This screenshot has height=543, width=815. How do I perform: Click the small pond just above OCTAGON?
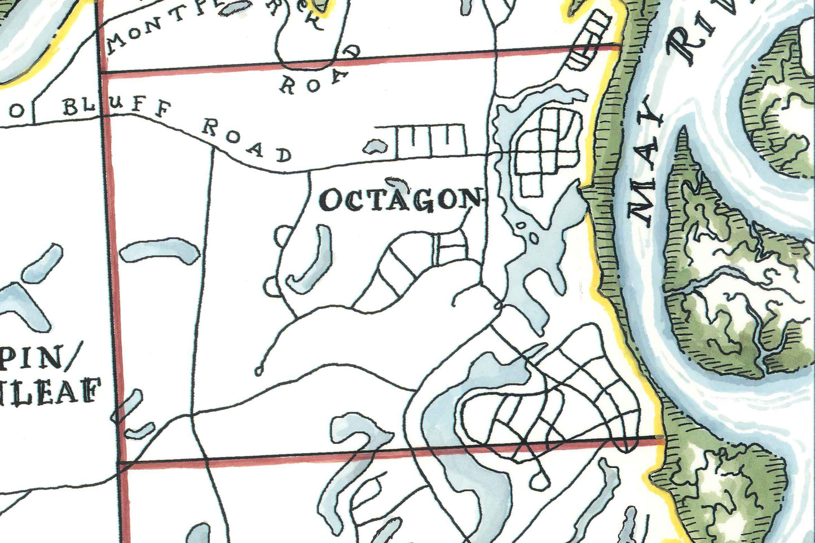point(397,182)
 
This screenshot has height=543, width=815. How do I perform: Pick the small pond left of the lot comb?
point(375,147)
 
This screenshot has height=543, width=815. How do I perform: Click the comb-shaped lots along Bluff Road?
point(431,141)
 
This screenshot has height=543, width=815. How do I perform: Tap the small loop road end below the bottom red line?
point(539,480)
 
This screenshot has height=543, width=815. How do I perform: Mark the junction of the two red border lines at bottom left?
point(121,465)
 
